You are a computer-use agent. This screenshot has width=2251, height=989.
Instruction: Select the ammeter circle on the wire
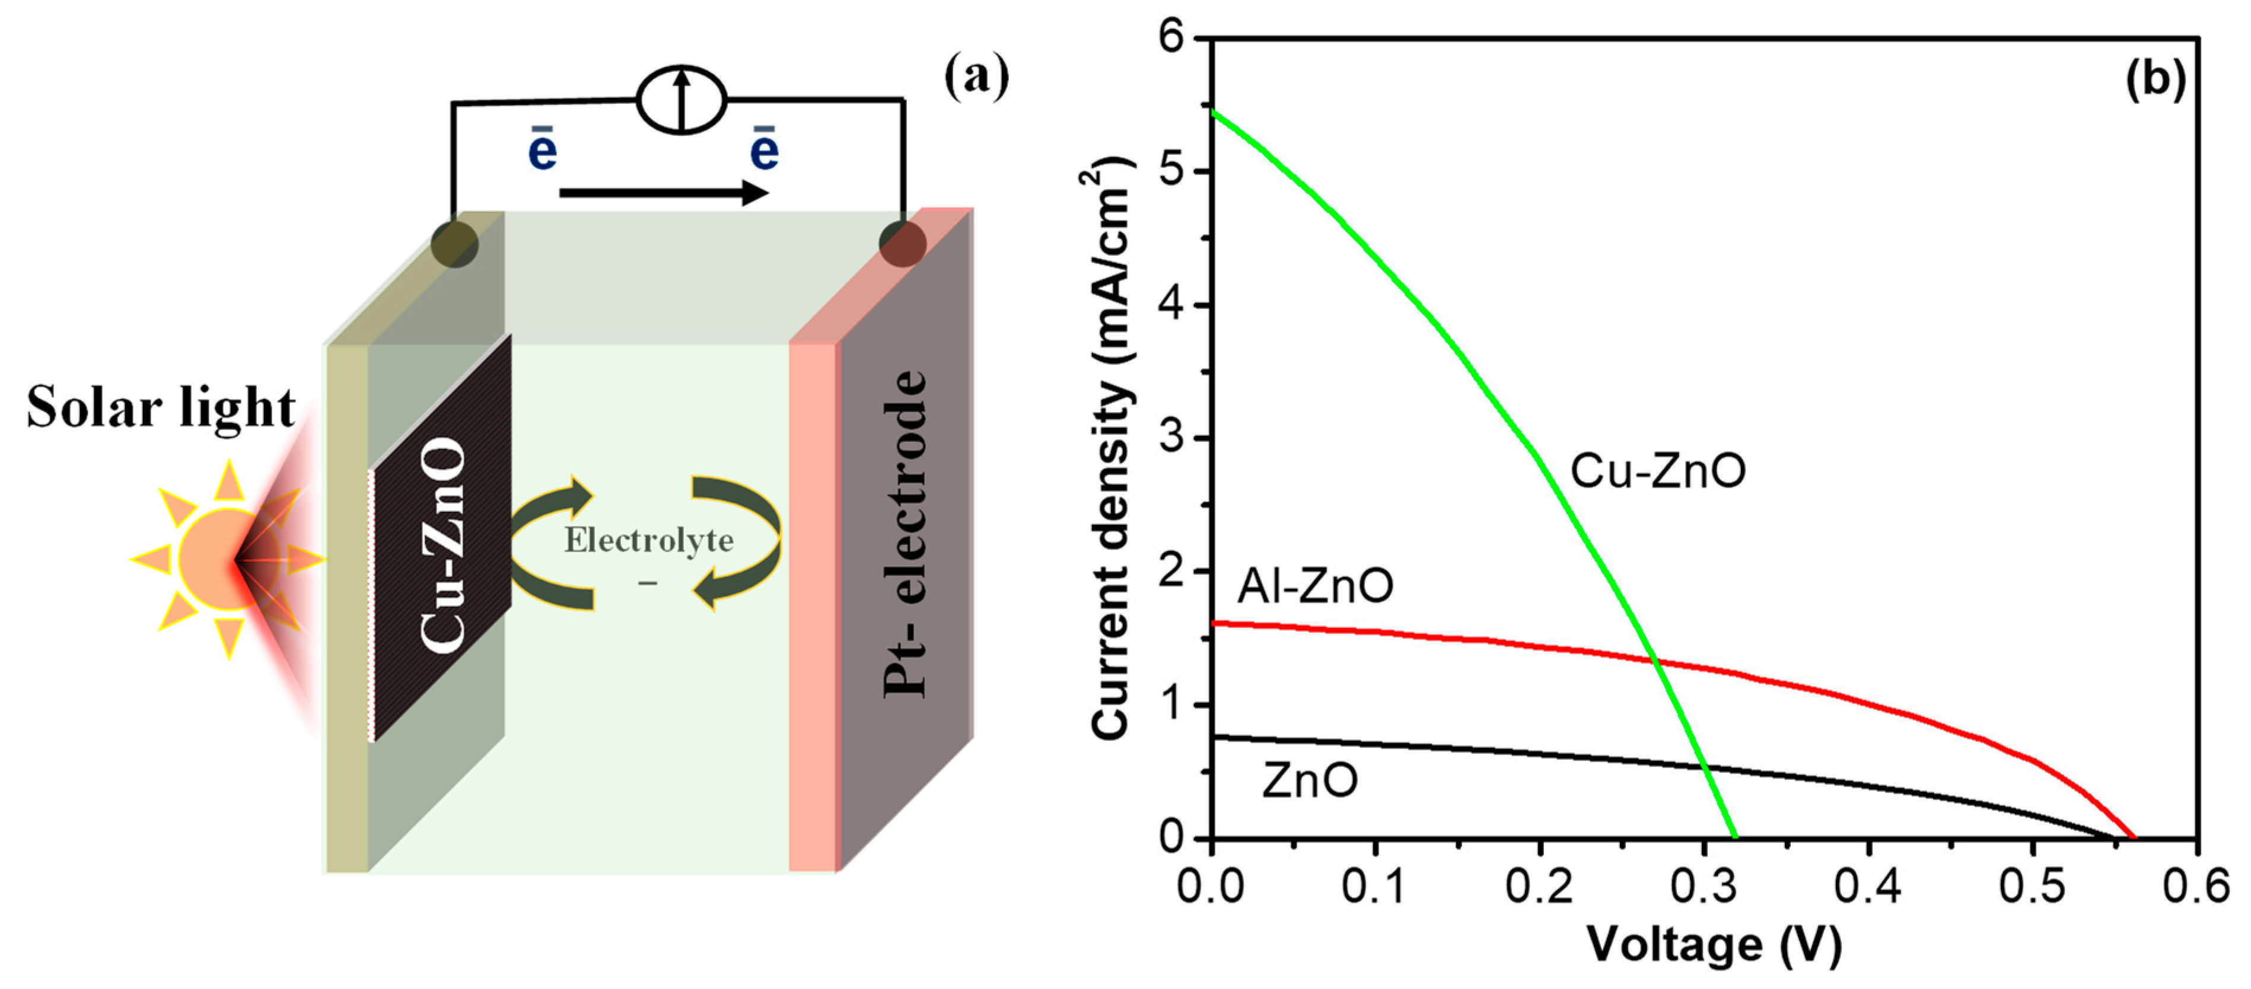point(682,100)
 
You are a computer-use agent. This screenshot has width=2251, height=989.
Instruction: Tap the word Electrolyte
point(648,541)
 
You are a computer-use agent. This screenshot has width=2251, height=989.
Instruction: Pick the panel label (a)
point(976,77)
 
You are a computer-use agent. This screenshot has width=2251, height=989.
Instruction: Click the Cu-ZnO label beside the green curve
point(1658,471)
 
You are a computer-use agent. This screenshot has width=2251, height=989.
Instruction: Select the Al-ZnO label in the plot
point(1315,585)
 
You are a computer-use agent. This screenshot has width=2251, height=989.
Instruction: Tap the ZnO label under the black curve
point(1309,780)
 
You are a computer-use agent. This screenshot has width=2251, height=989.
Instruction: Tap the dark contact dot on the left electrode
point(454,243)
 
